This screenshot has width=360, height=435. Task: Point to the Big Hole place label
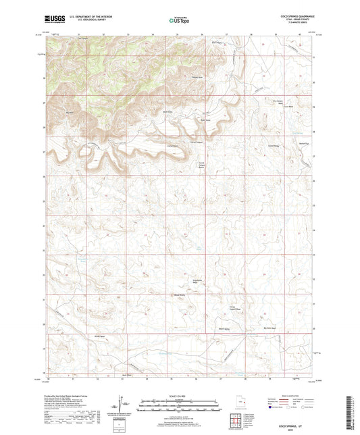69,113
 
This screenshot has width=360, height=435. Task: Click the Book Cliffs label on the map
168,112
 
